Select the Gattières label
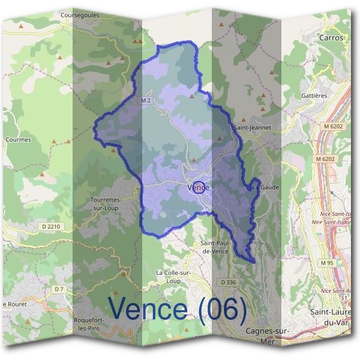click(x=313, y=96)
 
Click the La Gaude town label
click(x=265, y=187)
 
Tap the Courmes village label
click(x=18, y=140)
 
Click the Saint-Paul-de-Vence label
click(x=216, y=247)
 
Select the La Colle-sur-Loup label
click(x=172, y=276)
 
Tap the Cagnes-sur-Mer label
click(x=268, y=335)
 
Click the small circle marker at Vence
click(x=200, y=188)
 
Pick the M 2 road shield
click(x=145, y=100)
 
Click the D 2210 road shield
click(x=52, y=226)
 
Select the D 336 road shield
click(x=228, y=282)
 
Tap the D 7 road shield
click(x=58, y=289)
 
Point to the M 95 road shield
click(x=326, y=263)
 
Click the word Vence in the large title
click(x=148, y=308)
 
